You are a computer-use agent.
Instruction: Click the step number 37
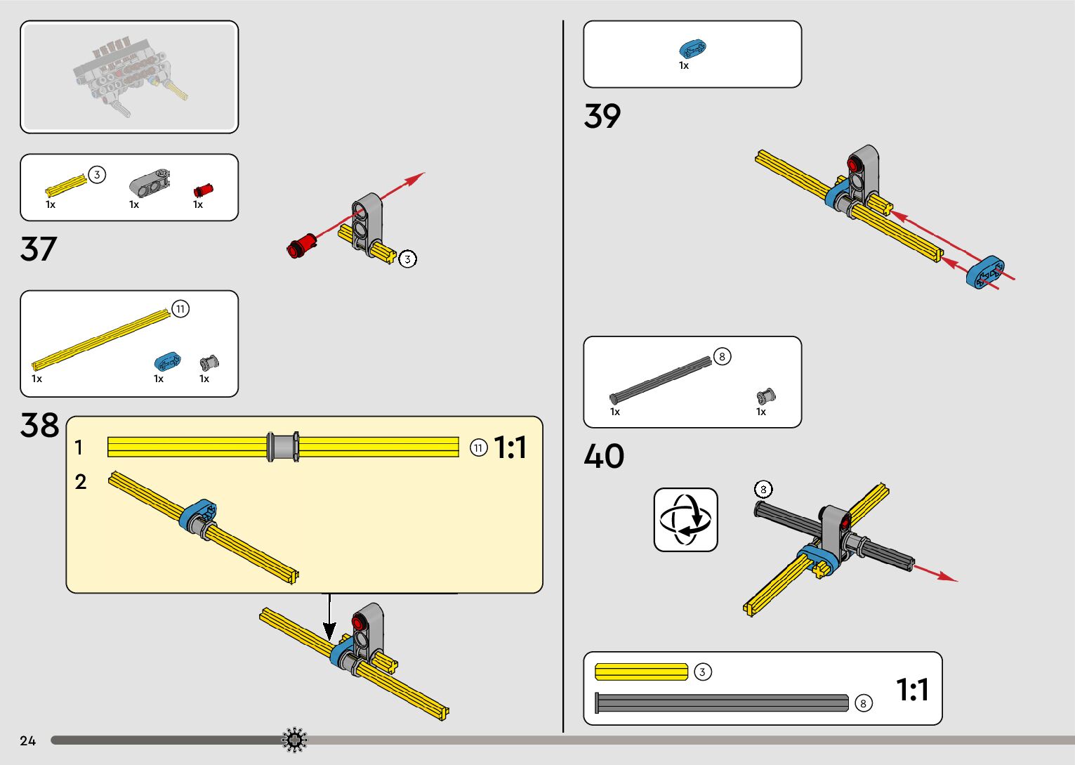(x=38, y=249)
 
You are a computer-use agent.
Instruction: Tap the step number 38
(x=39, y=426)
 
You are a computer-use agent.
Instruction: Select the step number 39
(x=602, y=116)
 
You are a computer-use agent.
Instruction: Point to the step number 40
(x=603, y=456)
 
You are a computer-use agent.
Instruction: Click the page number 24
(x=27, y=740)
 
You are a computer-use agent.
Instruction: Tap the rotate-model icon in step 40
(x=685, y=520)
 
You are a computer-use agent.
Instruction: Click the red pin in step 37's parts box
(x=203, y=190)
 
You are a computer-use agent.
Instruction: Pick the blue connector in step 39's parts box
(x=692, y=48)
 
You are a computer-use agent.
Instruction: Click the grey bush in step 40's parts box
(x=765, y=396)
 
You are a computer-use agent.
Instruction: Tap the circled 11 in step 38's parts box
(x=180, y=309)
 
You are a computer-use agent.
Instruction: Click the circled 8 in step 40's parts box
(x=722, y=357)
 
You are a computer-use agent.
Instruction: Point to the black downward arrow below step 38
(x=329, y=617)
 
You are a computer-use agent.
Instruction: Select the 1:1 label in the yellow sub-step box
(x=510, y=447)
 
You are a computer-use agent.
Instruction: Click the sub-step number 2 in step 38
(x=81, y=482)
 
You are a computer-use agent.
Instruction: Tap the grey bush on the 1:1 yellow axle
(x=283, y=447)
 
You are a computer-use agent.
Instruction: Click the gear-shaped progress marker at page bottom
(x=294, y=740)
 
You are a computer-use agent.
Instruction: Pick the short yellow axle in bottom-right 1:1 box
(x=641, y=672)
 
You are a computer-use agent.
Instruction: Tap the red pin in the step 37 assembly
(x=302, y=245)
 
